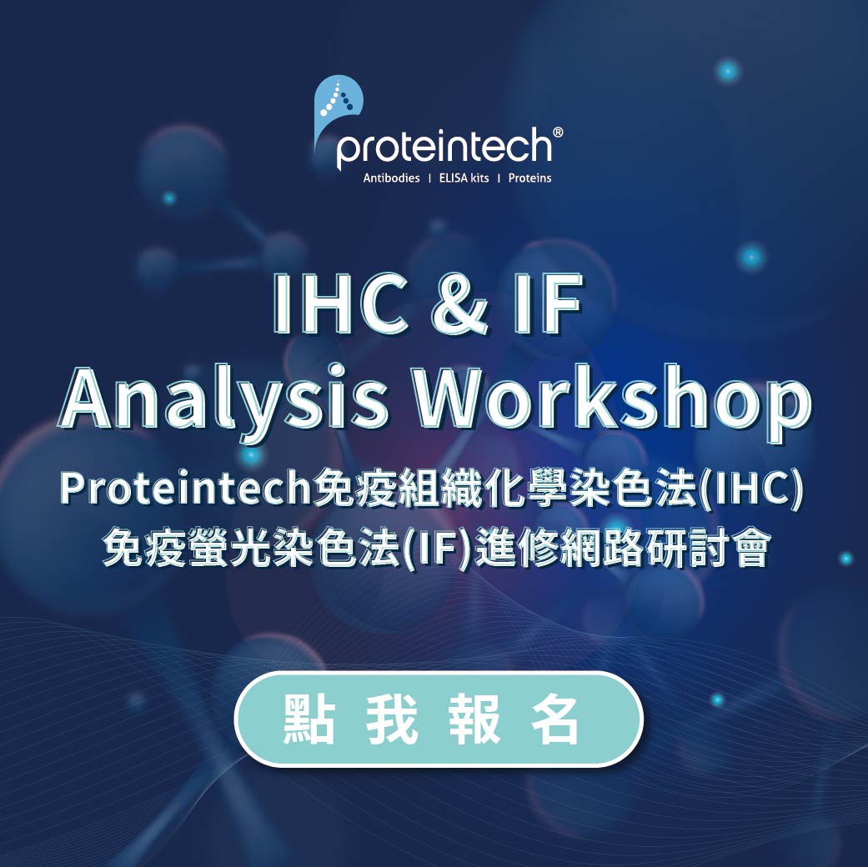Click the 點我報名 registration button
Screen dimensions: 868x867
point(439,719)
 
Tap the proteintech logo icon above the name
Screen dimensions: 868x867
point(337,108)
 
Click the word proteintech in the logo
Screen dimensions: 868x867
point(444,148)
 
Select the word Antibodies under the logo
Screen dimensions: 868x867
point(391,178)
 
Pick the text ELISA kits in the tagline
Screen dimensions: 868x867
point(464,178)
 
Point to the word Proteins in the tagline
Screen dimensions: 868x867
point(529,178)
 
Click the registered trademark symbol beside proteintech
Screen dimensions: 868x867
point(558,133)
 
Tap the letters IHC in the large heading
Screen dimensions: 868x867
point(339,303)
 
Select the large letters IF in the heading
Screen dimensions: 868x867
point(547,303)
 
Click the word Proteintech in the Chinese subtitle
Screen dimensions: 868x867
point(184,489)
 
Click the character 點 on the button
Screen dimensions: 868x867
point(309,719)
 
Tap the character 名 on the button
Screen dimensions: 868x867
point(554,719)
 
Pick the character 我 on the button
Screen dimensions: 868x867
point(392,719)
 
